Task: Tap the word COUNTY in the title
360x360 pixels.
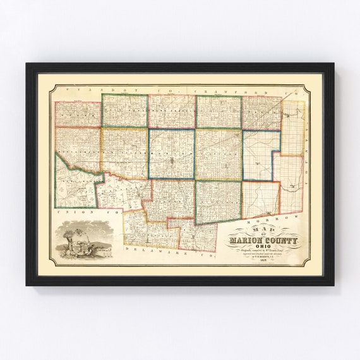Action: tap(282, 240)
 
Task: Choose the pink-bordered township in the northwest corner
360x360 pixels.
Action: tap(78, 114)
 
